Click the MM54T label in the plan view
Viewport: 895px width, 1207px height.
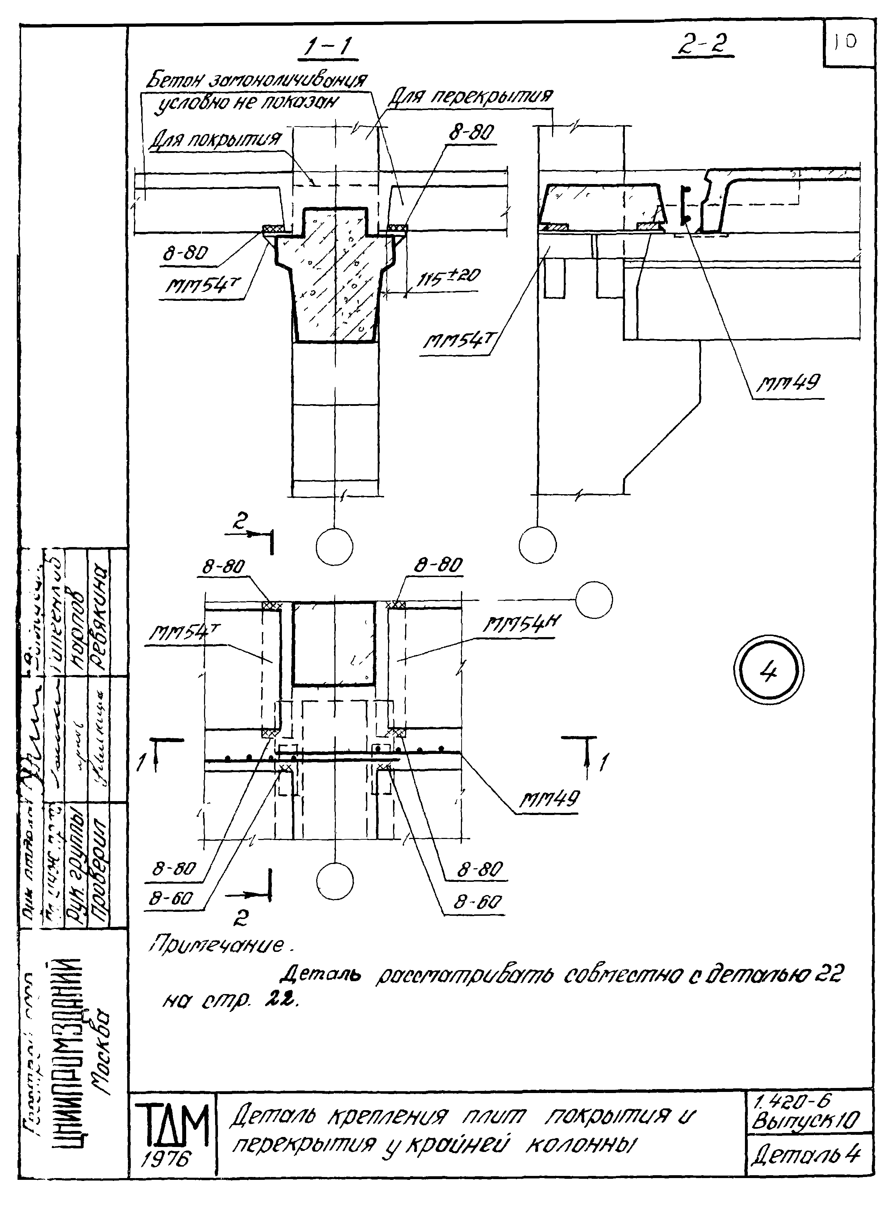pyautogui.click(x=179, y=634)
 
